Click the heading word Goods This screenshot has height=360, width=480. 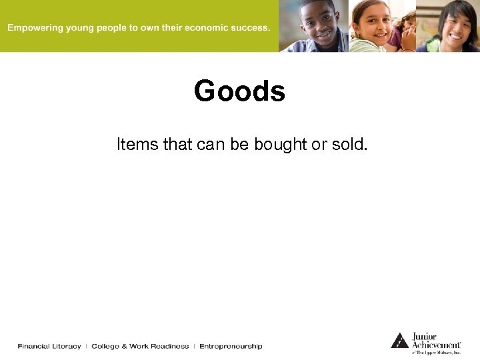239,91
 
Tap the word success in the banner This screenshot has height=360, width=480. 247,28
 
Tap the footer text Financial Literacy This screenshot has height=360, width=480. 49,346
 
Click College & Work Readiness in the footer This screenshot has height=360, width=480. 140,346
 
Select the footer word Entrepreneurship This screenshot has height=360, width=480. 231,346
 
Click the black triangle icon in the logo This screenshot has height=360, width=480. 399,340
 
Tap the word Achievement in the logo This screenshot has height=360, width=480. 435,344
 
